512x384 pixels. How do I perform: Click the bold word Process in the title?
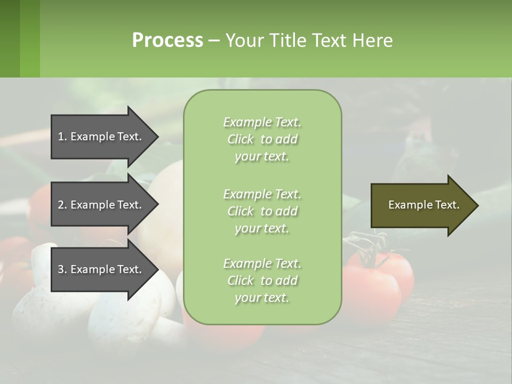pyautogui.click(x=167, y=41)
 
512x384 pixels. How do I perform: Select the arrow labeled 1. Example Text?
pyautogui.click(x=101, y=137)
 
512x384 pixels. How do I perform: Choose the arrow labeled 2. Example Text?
pyautogui.click(x=101, y=205)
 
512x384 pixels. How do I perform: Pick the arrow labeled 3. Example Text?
pyautogui.click(x=101, y=269)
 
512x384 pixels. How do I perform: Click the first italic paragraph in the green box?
pyautogui.click(x=262, y=139)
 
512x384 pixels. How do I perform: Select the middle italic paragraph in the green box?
pyautogui.click(x=262, y=211)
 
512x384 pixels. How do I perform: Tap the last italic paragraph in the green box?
pyautogui.click(x=262, y=281)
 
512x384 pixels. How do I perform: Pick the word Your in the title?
pyautogui.click(x=243, y=41)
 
